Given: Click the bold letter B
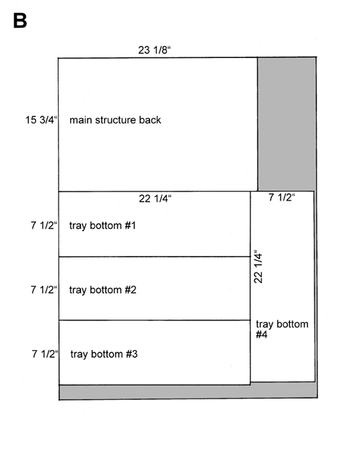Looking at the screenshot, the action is coord(20,21).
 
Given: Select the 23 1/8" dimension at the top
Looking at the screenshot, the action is coord(154,50).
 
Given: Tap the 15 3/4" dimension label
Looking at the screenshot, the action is coord(41,120).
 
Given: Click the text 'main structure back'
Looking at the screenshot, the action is coord(115,120).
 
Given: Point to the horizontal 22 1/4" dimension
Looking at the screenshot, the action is coord(155,199).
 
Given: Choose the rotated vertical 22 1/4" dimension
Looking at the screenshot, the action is coord(258,266).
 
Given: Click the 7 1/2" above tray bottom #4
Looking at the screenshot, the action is coord(282,197).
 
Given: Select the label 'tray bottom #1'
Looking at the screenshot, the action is coord(103,226).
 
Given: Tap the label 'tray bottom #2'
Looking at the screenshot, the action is coord(103,290).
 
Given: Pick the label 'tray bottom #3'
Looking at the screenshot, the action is coord(104,354).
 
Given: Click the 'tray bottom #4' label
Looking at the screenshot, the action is coord(282,329).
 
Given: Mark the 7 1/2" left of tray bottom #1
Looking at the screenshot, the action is coord(44,225).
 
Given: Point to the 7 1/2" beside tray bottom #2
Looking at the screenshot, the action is coord(44,290).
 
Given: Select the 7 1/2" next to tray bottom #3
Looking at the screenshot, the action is coord(45,353).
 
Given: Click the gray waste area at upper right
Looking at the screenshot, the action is coord(286,124).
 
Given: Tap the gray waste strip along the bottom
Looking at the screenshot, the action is coord(188,391).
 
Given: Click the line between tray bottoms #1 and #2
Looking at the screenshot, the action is coord(155,256).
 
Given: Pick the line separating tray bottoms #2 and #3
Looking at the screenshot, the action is coord(155,320).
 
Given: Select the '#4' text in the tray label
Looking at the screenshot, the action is coord(261,334).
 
